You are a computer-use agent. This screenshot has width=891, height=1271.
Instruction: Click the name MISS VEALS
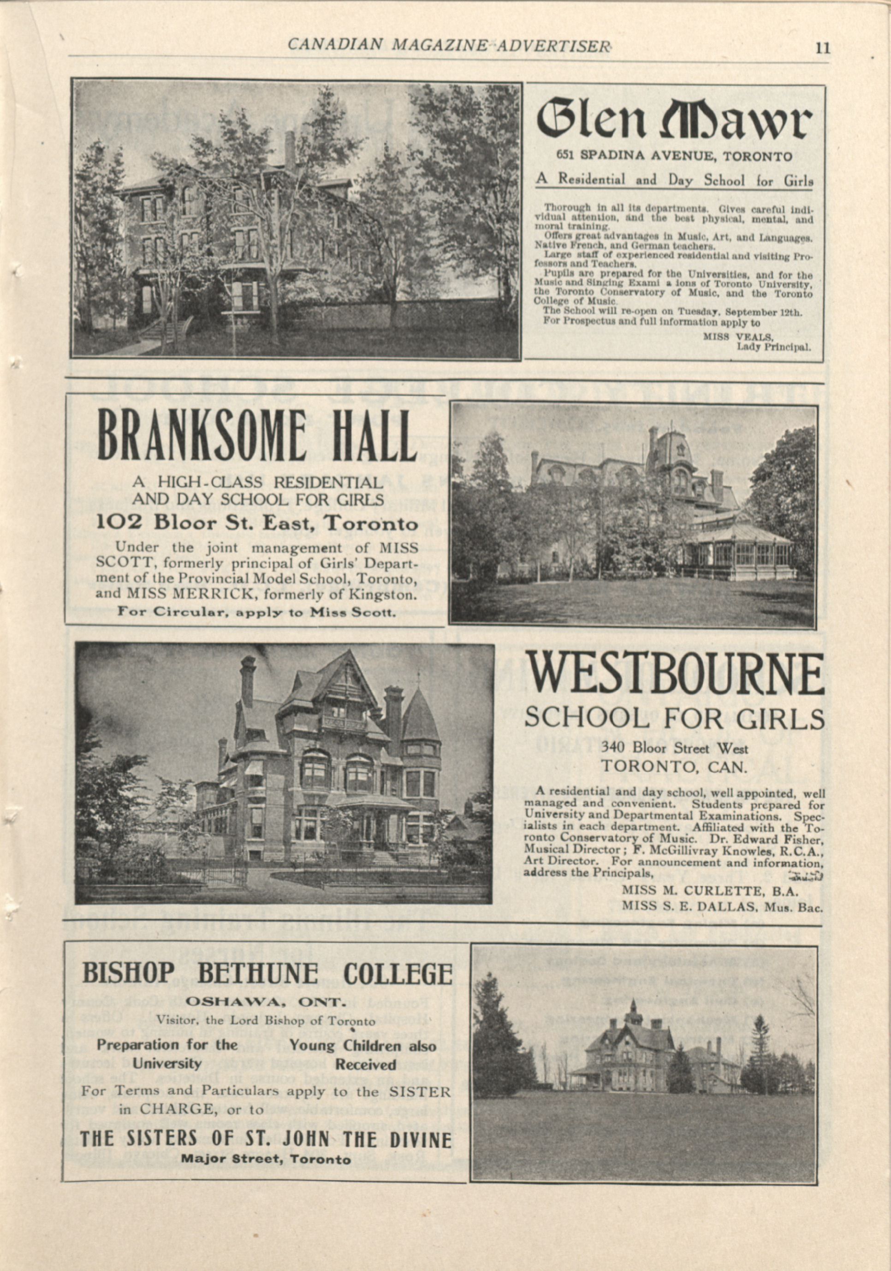[x=738, y=336]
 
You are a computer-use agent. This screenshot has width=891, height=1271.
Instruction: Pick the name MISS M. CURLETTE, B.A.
[x=709, y=891]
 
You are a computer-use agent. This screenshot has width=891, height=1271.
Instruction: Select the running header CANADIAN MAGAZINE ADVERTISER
[x=449, y=45]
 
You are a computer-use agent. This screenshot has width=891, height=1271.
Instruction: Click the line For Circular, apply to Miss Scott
[x=256, y=613]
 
